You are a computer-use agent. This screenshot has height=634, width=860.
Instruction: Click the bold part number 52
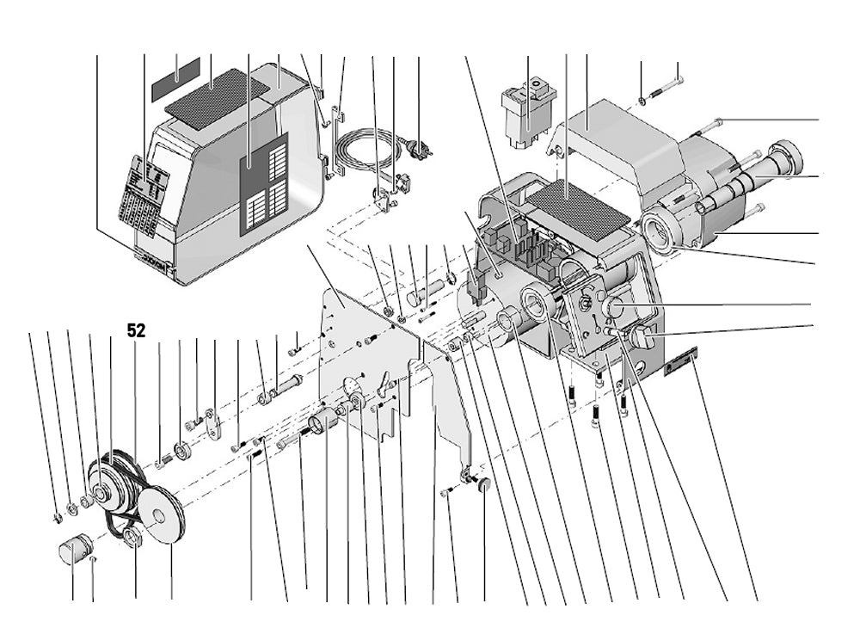136,329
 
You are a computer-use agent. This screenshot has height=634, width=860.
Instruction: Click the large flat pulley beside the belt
160,513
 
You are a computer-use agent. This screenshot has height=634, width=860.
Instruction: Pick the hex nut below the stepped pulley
132,539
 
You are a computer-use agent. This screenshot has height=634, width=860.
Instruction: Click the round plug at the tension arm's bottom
482,485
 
